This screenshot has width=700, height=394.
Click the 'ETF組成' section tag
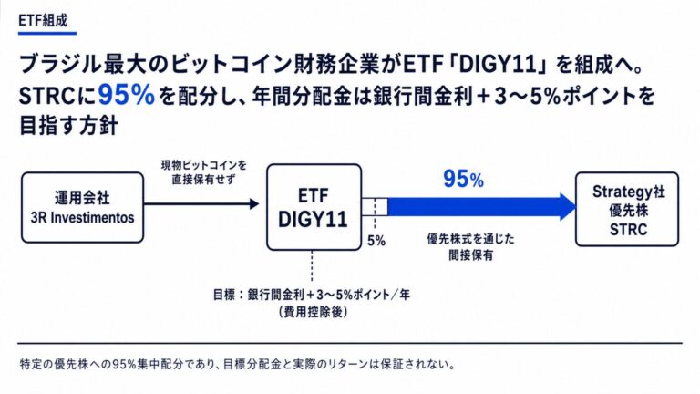coord(44,21)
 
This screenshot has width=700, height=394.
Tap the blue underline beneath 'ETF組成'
coord(47,33)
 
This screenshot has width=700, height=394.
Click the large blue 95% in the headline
coord(127,95)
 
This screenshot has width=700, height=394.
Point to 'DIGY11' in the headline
coord(497,66)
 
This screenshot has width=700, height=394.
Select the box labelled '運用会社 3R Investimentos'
coord(83,208)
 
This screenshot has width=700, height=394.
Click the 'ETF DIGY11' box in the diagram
coord(314,207)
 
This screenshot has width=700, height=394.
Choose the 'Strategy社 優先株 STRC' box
coord(627,210)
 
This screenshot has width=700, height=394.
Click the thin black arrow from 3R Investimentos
coord(201,204)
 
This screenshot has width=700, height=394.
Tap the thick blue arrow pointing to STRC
coord(482,207)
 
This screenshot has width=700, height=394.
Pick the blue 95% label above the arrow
coord(463,179)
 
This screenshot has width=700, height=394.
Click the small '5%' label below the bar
coord(376,241)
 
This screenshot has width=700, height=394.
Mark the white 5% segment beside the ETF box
coord(375,207)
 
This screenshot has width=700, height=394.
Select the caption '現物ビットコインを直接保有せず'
coord(203,172)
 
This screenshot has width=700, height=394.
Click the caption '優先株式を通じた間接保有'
coord(470,247)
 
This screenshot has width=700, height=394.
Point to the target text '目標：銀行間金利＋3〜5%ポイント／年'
coord(311,295)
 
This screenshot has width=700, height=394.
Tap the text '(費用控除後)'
coord(313,312)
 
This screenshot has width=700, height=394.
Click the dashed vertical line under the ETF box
coord(312,266)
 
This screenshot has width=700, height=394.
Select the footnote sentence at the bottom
coord(238,364)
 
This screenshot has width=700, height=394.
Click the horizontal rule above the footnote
coord(350,344)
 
